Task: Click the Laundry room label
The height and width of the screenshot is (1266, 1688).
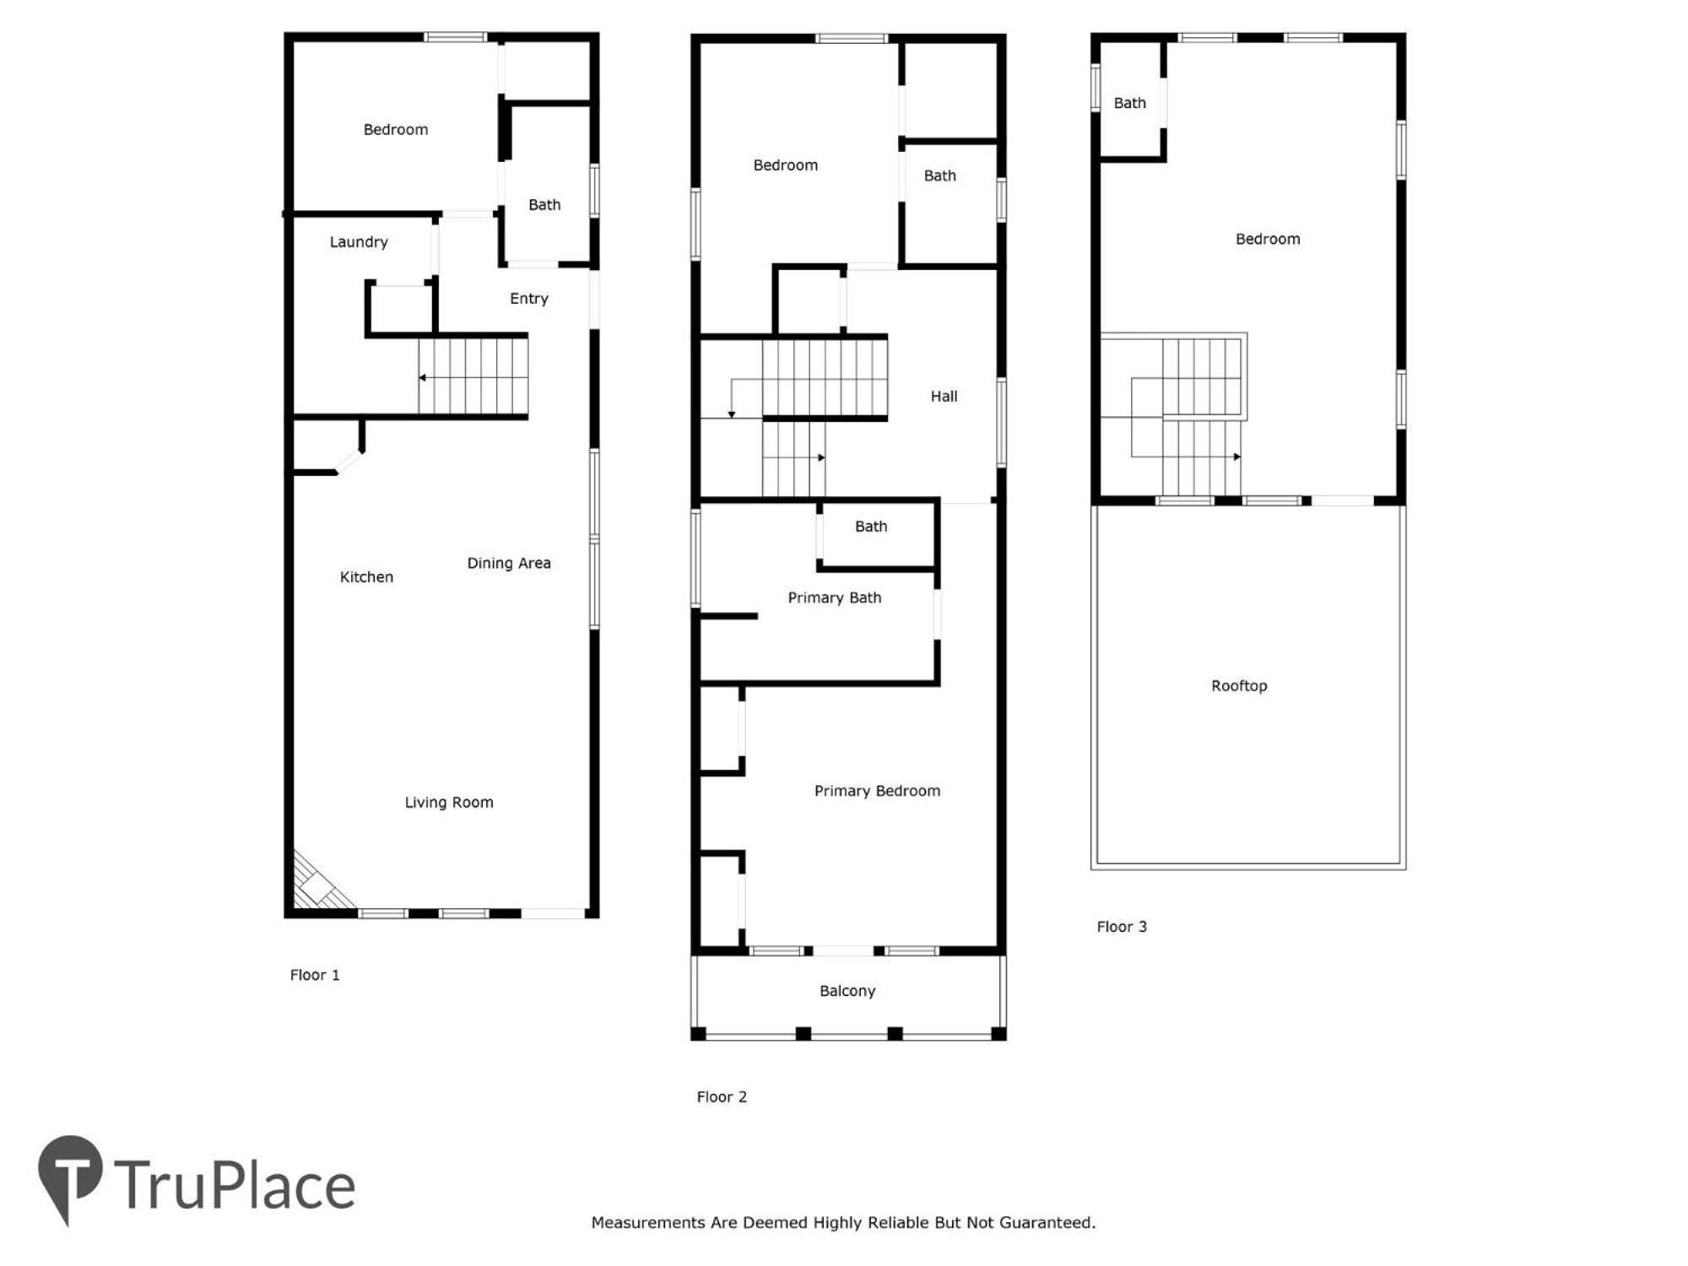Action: [359, 242]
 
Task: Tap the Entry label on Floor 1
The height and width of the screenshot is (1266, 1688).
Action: [529, 299]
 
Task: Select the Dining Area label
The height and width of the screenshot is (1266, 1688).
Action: [509, 563]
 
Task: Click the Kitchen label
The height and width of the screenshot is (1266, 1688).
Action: [366, 577]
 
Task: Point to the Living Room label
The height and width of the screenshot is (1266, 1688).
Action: [449, 803]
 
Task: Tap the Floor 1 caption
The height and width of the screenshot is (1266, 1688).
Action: [315, 975]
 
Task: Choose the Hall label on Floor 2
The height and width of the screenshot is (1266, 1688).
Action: [944, 397]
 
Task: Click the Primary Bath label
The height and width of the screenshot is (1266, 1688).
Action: [835, 598]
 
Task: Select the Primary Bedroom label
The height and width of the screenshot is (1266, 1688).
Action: [877, 791]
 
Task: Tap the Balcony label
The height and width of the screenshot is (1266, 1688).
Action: [847, 991]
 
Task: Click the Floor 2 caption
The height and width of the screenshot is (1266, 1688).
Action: [722, 1097]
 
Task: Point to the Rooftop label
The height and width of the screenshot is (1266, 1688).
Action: [1239, 686]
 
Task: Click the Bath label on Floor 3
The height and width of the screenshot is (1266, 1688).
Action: [1130, 103]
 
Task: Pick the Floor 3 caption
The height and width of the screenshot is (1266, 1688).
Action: [1122, 927]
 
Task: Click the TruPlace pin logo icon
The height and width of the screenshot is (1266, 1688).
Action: [70, 1177]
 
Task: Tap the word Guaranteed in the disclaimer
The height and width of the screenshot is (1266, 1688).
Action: [1047, 1223]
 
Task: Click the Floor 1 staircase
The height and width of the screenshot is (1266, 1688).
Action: [473, 376]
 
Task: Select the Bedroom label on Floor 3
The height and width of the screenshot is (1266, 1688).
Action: [1268, 240]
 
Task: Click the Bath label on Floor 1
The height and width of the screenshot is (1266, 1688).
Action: [544, 205]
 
